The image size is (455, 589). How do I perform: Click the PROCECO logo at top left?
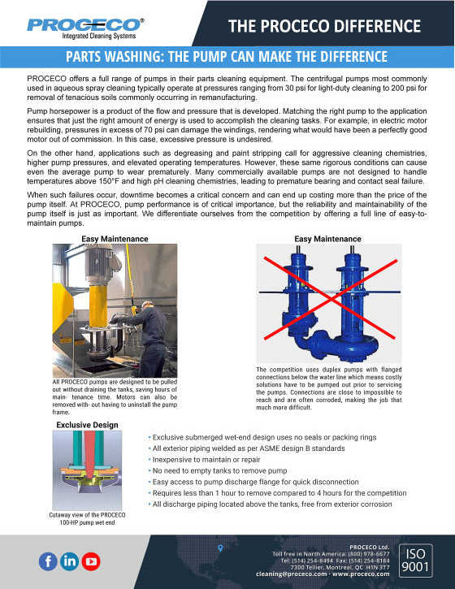[x=85, y=28]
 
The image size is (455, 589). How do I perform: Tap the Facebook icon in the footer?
[x=48, y=561]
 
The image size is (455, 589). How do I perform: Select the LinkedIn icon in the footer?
[x=70, y=561]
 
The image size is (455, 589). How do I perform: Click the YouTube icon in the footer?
[x=91, y=561]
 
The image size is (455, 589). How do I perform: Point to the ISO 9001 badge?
[x=415, y=560]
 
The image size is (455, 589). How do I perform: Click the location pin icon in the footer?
[x=220, y=548]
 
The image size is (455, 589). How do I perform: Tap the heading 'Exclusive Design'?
[x=87, y=425]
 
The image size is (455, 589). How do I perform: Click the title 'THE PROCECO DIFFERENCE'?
[x=325, y=26]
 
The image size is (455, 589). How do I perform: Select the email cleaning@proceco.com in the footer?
[x=291, y=574]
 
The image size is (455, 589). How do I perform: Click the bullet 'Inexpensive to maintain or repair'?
[x=206, y=459]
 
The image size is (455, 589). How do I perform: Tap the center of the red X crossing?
[x=330, y=299]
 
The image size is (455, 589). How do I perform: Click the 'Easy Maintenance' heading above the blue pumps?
[x=327, y=239]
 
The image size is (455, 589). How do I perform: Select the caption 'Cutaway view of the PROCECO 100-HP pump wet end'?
[x=87, y=519]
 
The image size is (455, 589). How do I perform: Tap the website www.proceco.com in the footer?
[x=361, y=574]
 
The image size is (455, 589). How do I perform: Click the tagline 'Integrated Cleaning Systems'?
[x=99, y=36]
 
